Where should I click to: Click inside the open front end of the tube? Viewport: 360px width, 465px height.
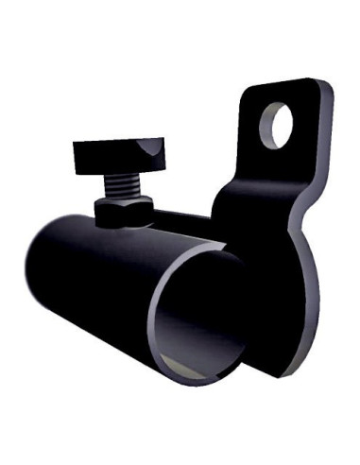[198, 312]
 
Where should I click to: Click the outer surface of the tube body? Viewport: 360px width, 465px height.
[94, 284]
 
